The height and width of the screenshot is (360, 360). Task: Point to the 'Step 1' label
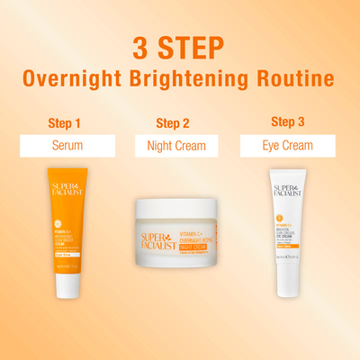click(64, 122)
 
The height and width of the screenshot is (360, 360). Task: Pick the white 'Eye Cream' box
click(287, 146)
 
